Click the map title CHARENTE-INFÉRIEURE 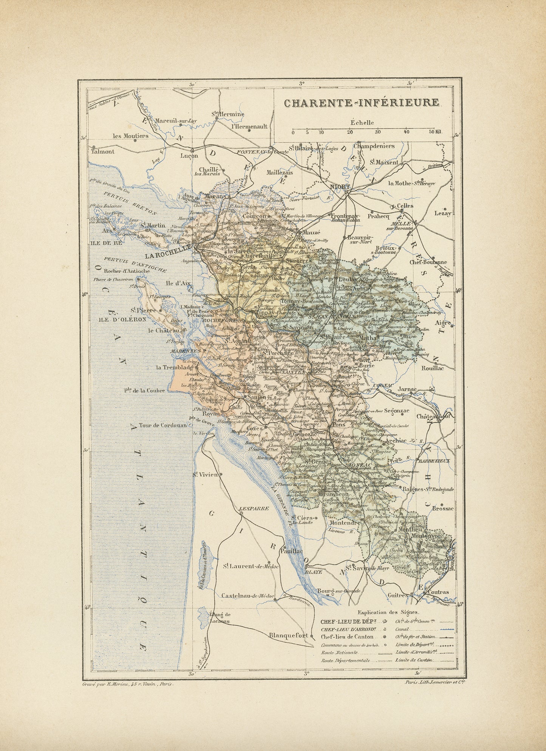pos(362,103)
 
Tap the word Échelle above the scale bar pos(362,122)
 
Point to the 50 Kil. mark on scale pos(435,132)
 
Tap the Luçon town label pos(189,156)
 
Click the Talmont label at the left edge pos(102,151)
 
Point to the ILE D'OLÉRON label pos(117,319)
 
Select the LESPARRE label pos(254,508)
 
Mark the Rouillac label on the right pos(433,368)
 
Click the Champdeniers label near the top pos(374,146)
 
